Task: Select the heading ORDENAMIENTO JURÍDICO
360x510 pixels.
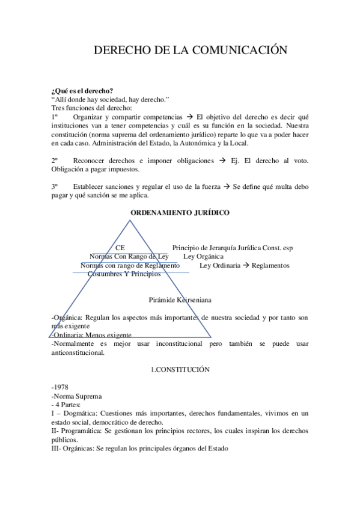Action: coord(180,213)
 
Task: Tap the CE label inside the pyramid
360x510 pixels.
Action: coord(120,248)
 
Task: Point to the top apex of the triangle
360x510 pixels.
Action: coord(129,221)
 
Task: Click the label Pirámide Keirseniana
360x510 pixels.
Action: coord(180,299)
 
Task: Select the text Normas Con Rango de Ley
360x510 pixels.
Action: coord(129,256)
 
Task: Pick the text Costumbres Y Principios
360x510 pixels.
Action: coord(124,274)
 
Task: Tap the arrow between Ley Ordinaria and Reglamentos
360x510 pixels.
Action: coord(246,265)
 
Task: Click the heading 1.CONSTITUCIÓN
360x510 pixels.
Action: coord(180,370)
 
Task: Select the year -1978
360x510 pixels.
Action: coord(60,387)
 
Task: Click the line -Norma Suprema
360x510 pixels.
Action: coord(77,396)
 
